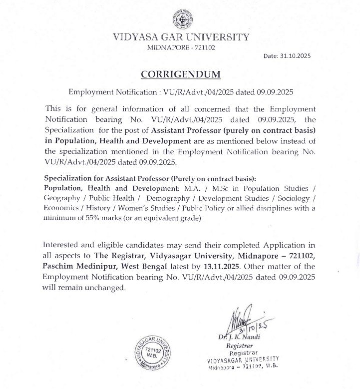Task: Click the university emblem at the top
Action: click(180, 19)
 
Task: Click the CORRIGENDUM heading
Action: click(180, 74)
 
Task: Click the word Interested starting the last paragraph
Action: click(63, 245)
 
